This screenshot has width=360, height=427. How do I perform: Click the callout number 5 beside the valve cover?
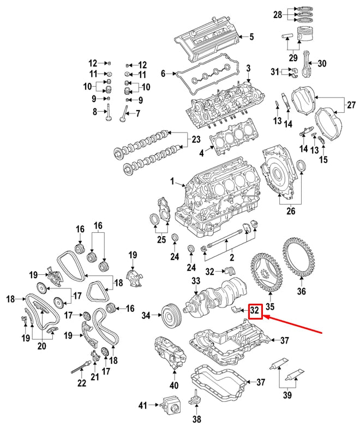click(251, 38)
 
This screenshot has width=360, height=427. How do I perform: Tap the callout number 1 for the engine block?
click(172, 181)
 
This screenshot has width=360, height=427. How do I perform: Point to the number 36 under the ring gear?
click(301, 291)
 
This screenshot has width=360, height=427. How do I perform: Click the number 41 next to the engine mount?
click(143, 405)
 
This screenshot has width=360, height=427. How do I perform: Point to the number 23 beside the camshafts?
click(196, 140)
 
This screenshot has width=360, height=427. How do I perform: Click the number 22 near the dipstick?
click(81, 383)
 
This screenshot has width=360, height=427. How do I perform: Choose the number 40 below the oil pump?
click(174, 386)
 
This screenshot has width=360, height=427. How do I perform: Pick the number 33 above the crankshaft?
click(196, 281)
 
